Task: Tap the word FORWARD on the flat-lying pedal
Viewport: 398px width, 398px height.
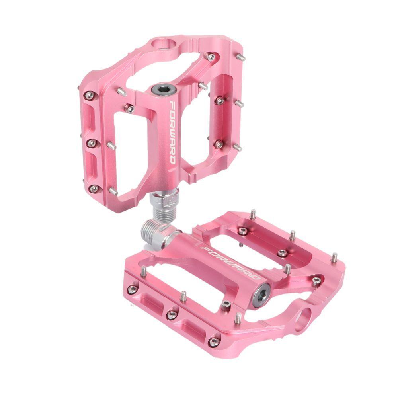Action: tap(231, 263)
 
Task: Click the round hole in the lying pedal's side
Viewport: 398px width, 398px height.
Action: tap(304, 319)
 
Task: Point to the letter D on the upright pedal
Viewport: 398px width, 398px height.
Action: tap(172, 159)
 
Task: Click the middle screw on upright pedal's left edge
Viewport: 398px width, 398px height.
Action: tap(92, 143)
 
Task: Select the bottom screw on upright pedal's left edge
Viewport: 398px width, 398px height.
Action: tap(94, 188)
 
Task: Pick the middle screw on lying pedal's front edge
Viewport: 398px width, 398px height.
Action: tap(172, 315)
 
